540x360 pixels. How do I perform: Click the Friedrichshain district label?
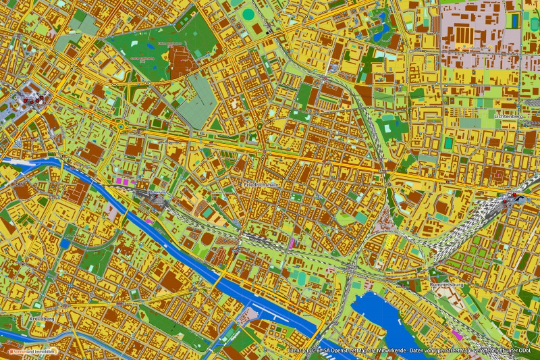263,184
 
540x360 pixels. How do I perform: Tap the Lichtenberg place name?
509,116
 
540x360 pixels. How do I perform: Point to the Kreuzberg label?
42,318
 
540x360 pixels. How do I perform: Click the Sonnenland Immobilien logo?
32,352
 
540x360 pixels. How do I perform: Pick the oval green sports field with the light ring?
248,14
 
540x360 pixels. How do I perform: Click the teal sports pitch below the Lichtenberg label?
448,143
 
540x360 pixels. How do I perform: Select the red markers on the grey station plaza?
30,101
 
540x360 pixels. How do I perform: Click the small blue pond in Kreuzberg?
65,243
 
